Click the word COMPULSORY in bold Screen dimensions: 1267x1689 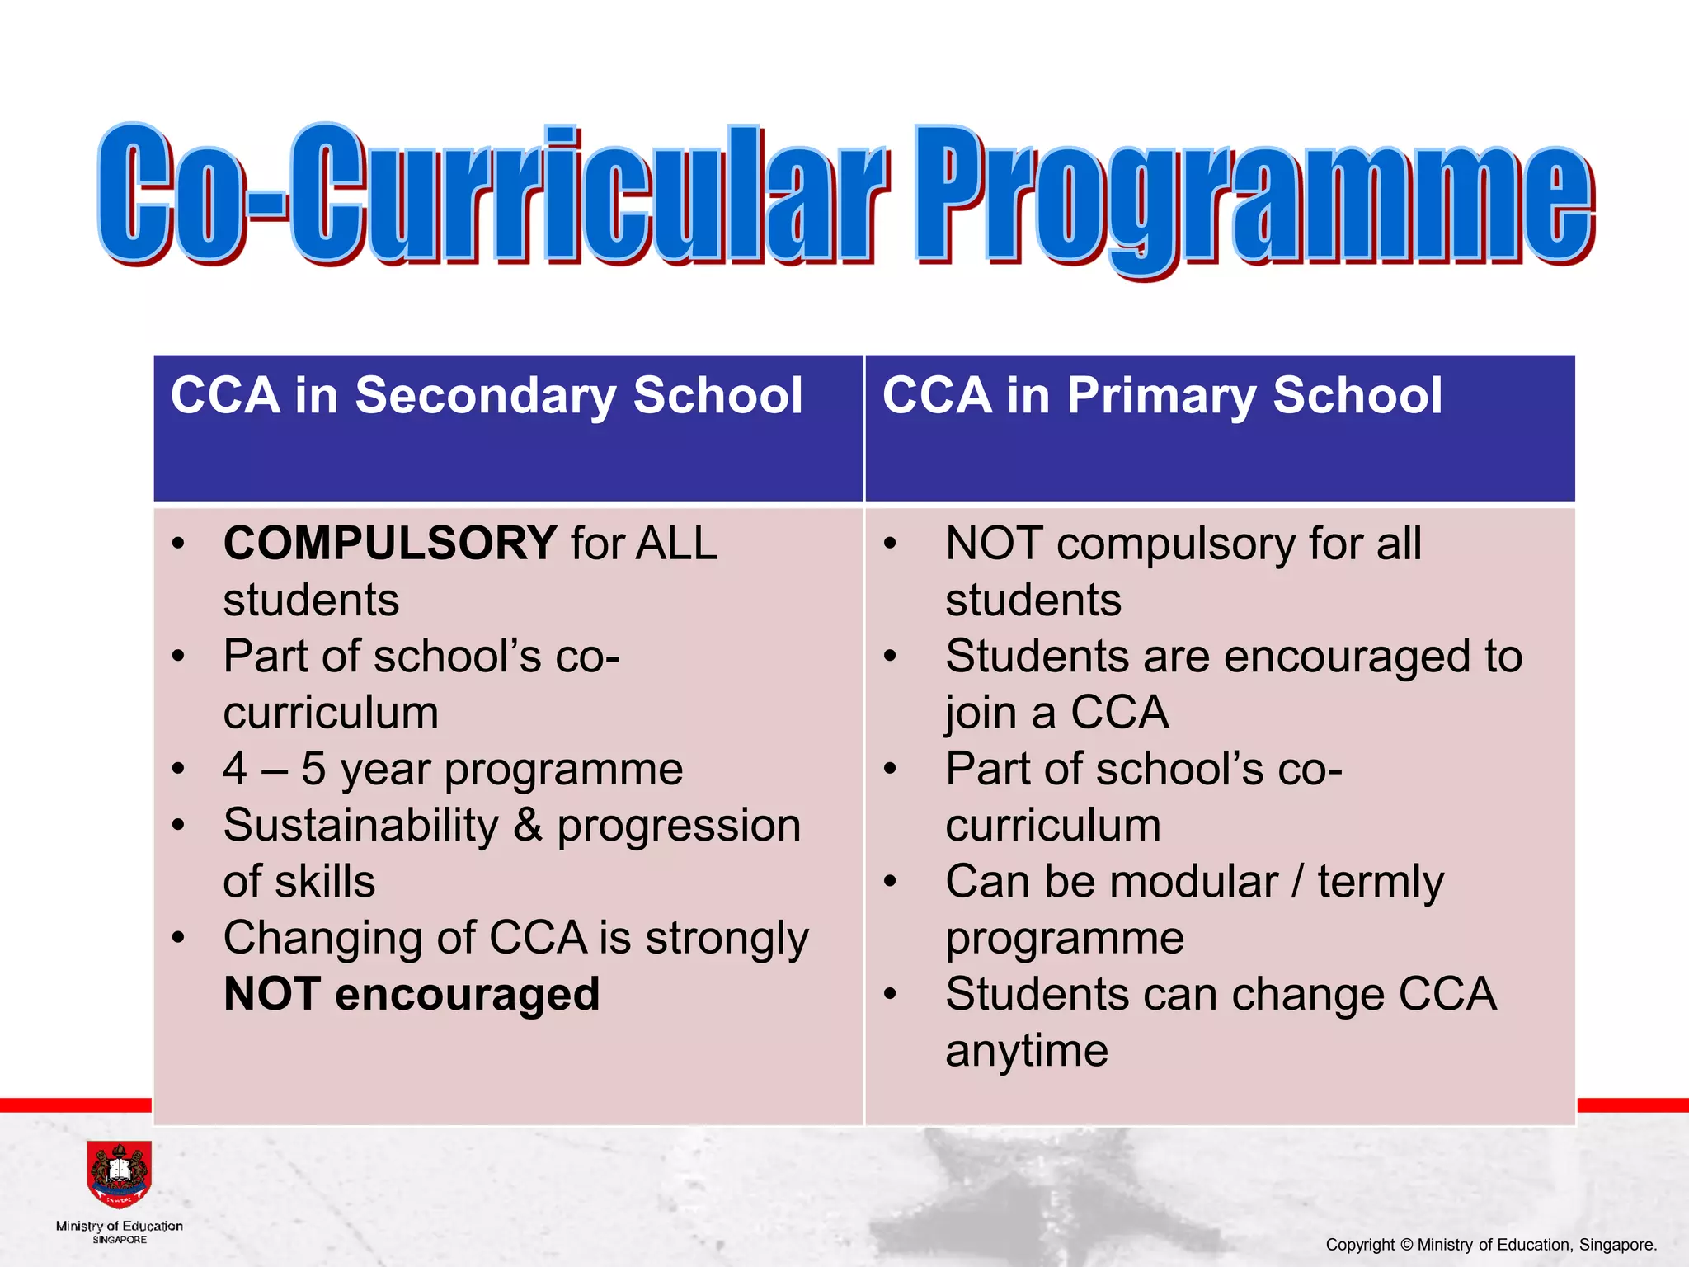389,544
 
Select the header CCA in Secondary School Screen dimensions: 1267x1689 486,395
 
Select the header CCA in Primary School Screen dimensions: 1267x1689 1162,395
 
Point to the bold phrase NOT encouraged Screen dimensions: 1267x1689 412,994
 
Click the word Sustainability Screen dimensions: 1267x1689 361,825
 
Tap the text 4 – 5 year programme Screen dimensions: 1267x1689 453,769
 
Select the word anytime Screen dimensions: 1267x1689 1026,1051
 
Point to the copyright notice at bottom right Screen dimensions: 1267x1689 1491,1245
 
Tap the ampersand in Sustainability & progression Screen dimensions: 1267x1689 528,825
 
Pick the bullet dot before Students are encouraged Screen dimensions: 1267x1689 889,657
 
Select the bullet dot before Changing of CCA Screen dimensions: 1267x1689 178,938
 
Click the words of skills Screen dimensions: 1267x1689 299,881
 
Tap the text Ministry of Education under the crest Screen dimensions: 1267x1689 120,1226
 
